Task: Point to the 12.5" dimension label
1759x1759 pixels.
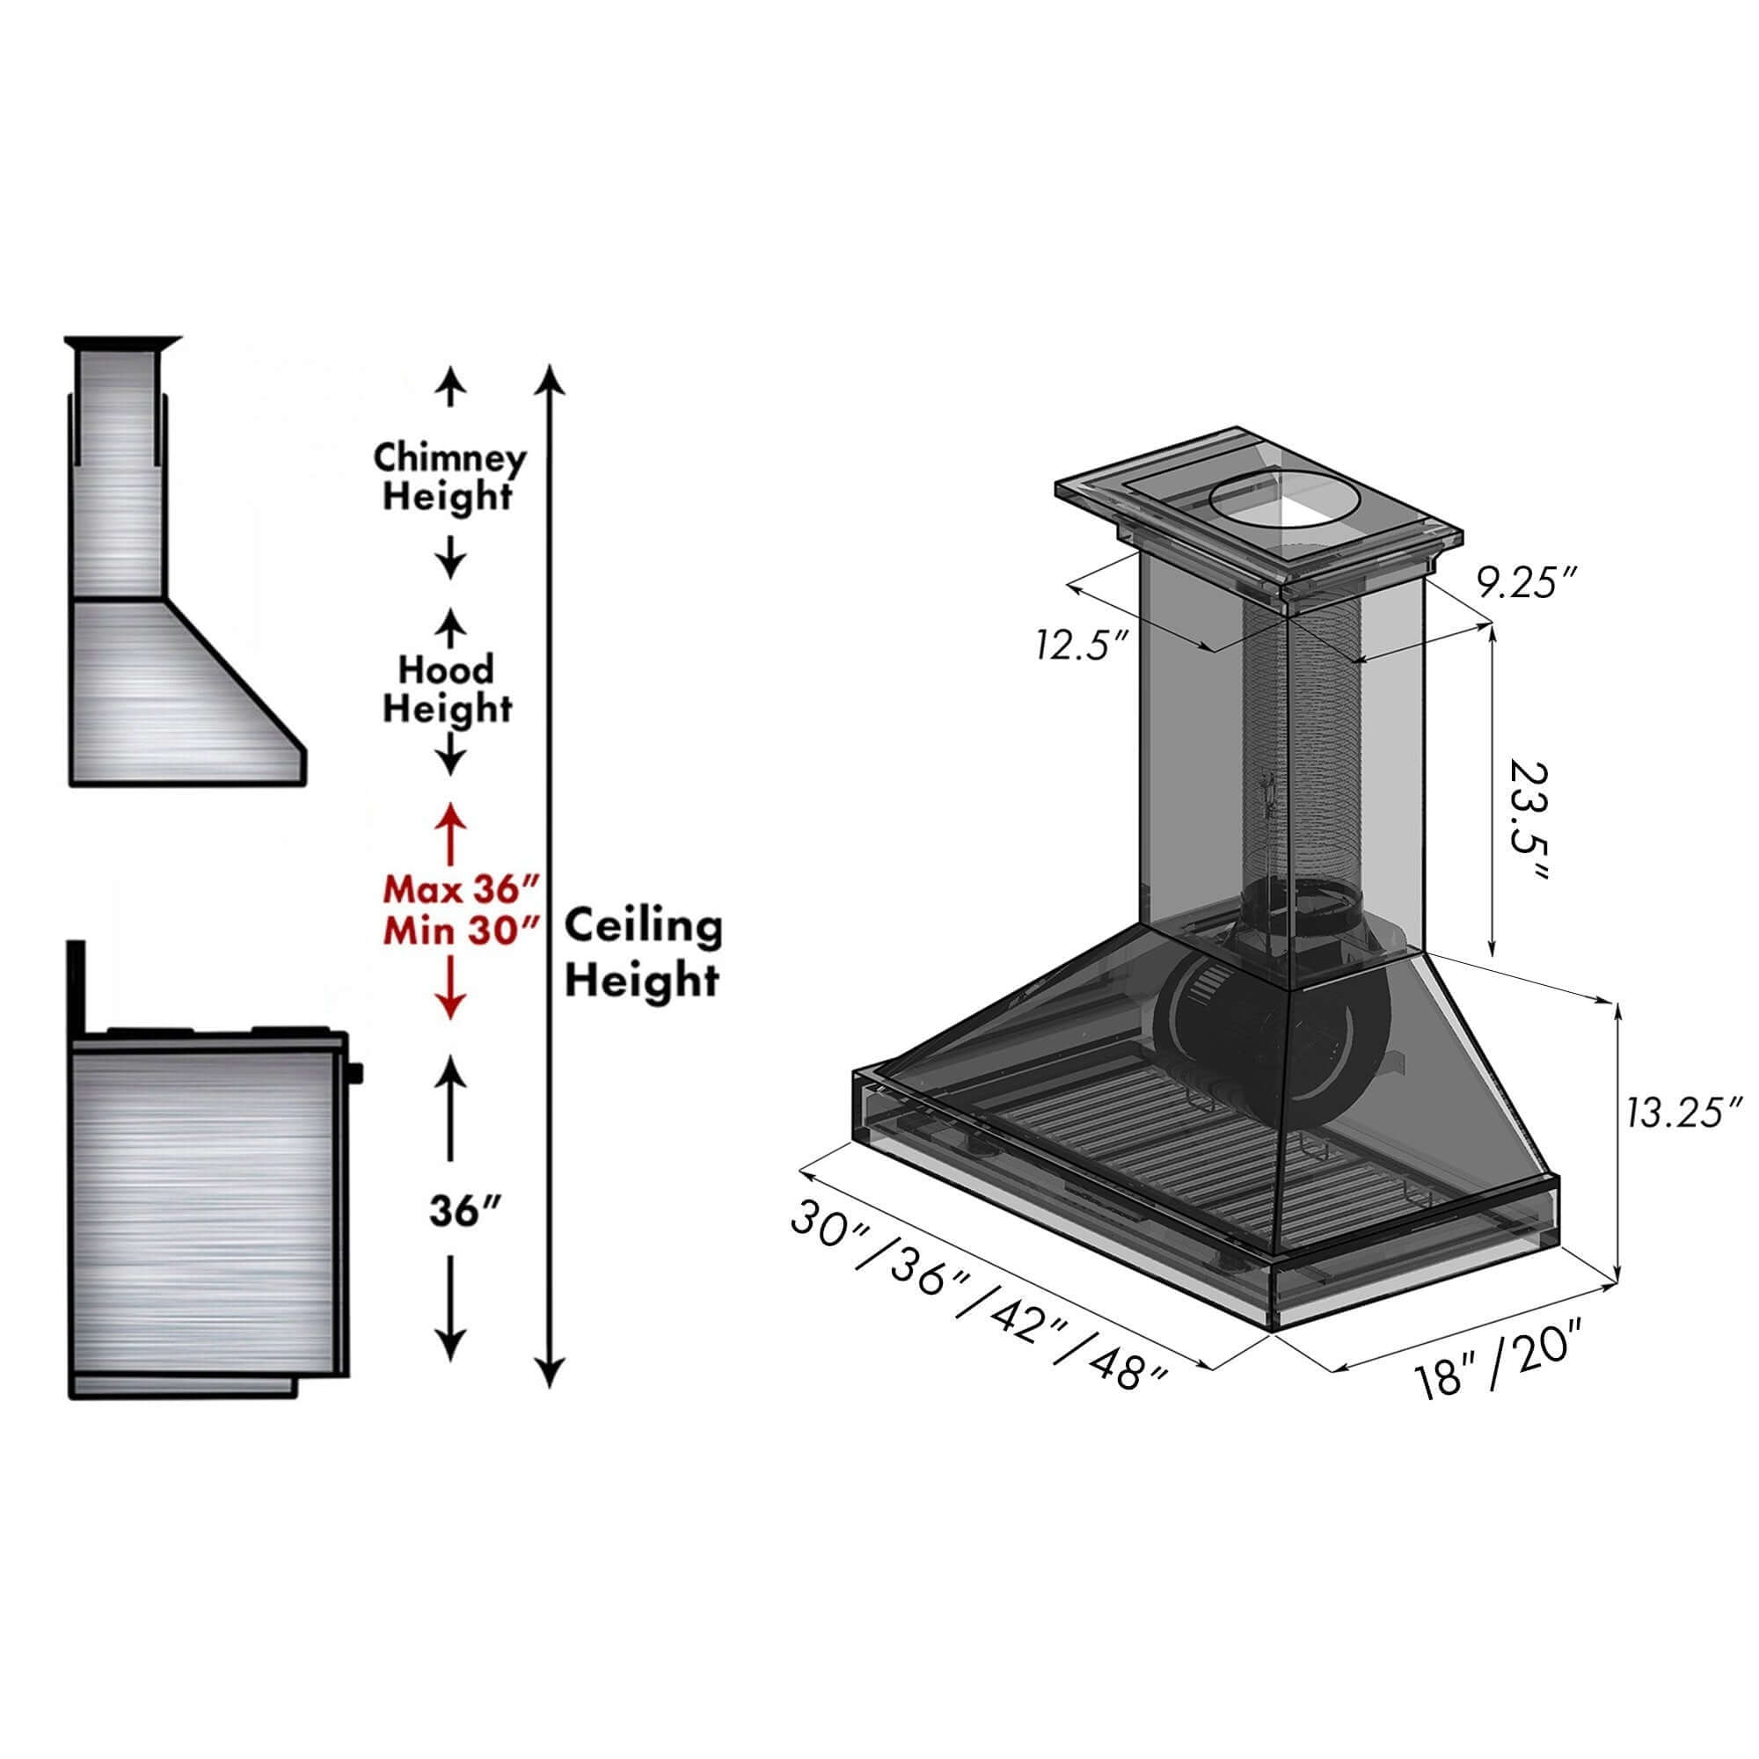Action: [1081, 646]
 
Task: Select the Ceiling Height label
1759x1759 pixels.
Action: [643, 953]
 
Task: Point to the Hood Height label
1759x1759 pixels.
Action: [446, 689]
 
